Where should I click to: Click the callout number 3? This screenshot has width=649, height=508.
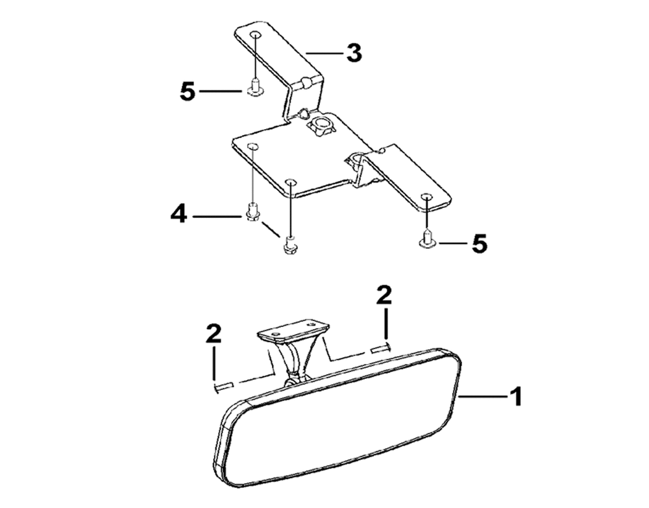click(354, 53)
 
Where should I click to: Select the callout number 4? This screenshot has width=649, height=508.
click(179, 215)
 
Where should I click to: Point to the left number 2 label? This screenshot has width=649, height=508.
click(214, 333)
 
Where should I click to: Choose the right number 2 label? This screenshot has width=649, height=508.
click(384, 295)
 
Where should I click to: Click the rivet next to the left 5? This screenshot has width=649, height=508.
click(255, 88)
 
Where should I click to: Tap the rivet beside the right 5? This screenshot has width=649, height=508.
click(427, 241)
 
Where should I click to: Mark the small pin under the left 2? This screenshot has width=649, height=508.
click(224, 387)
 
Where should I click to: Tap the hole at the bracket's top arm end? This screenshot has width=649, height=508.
click(255, 35)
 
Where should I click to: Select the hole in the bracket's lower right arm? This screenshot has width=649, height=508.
click(426, 196)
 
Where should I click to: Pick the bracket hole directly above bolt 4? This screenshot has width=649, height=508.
click(252, 146)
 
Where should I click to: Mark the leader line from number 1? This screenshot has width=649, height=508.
click(483, 396)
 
